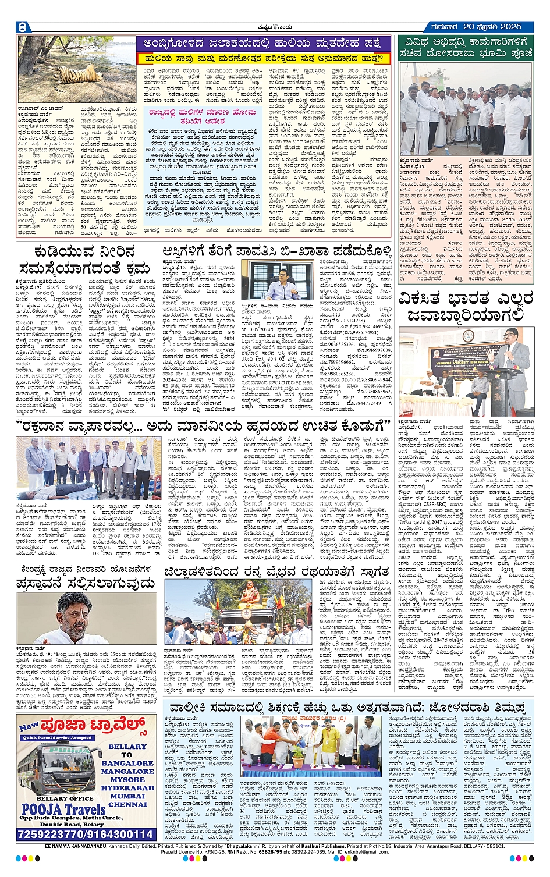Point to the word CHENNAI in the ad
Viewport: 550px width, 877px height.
[x=127, y=804]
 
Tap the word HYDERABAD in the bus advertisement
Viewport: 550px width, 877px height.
[x=127, y=788]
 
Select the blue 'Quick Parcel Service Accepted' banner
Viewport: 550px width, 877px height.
[x=57, y=738]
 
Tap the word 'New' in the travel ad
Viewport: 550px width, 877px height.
[x=28, y=726]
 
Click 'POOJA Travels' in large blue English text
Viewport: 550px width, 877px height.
[x=64, y=809]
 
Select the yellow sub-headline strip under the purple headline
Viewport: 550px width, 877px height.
[x=264, y=58]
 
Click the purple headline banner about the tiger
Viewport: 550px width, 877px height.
[x=264, y=44]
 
